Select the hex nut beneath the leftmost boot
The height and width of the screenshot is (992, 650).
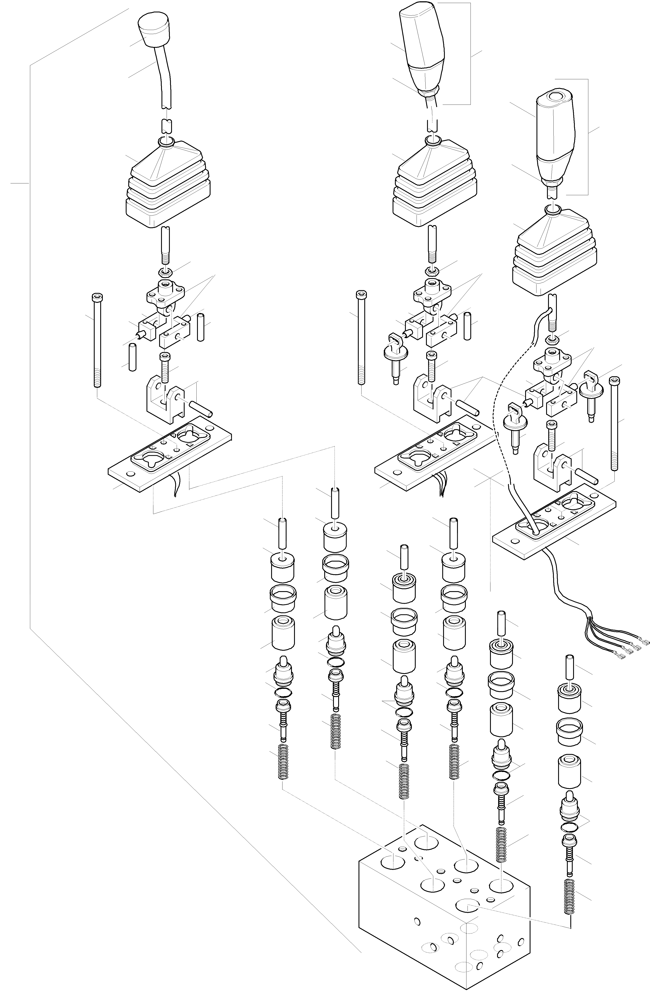pyautogui.click(x=165, y=274)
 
